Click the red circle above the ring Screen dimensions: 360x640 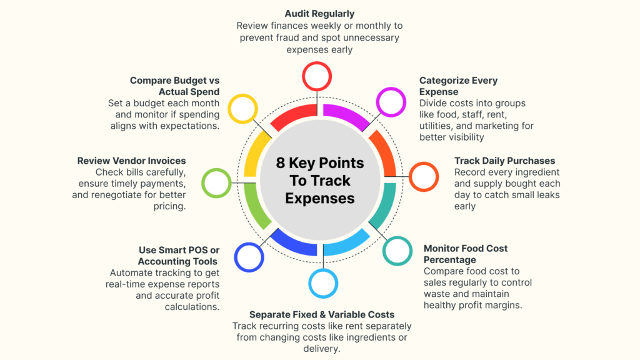(317, 76)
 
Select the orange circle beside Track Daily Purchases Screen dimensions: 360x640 (423, 177)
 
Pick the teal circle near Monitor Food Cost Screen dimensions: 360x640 (397, 251)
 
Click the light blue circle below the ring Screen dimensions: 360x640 (324, 283)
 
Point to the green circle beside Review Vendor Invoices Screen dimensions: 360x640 (217, 184)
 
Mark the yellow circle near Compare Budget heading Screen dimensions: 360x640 (243, 109)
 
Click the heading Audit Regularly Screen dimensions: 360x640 (319, 13)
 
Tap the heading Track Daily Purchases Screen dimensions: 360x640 (504, 161)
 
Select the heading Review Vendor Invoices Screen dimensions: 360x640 (131, 161)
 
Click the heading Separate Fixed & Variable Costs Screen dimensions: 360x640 (322, 314)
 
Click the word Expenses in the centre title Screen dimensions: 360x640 (319, 199)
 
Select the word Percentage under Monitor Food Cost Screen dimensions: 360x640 (449, 259)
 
